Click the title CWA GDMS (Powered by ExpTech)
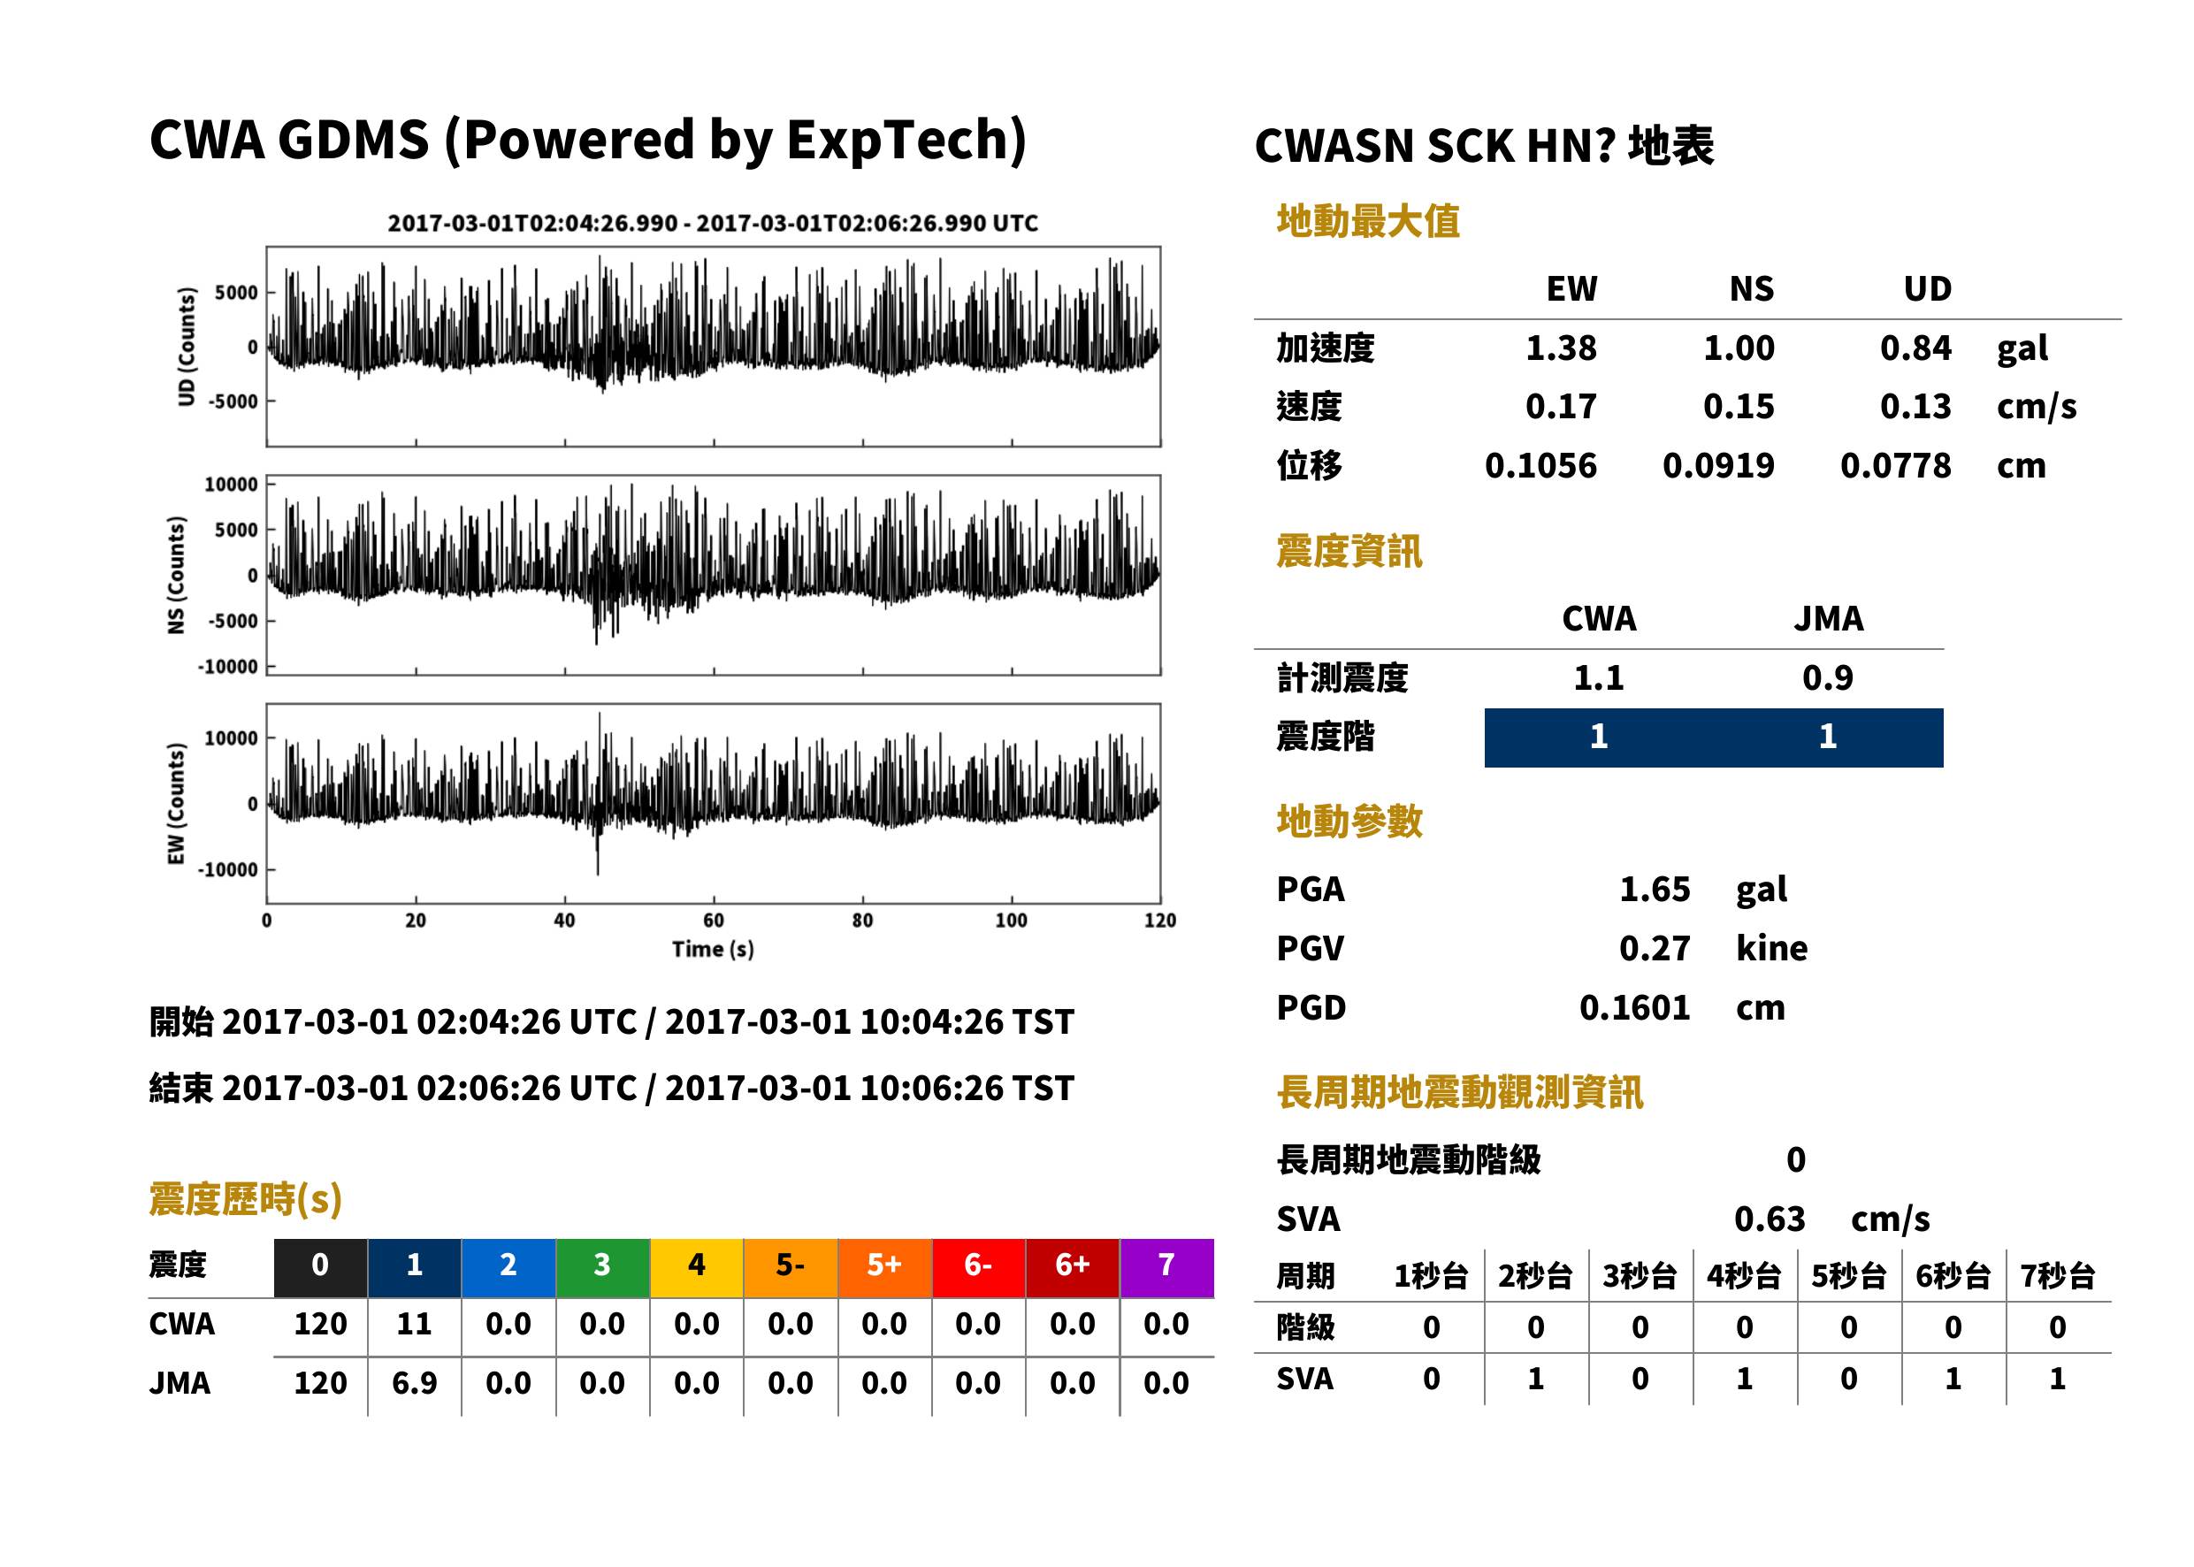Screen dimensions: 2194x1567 (x=587, y=140)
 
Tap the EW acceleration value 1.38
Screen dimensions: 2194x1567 (x=1560, y=348)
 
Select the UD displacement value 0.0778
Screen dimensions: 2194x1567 (x=1895, y=466)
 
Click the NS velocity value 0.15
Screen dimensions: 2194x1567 (x=1738, y=407)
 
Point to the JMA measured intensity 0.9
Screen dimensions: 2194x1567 (x=1827, y=678)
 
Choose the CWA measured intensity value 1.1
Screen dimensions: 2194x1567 (x=1599, y=678)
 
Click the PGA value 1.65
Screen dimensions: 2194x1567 (x=1655, y=890)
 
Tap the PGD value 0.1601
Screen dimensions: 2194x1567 (x=1634, y=1008)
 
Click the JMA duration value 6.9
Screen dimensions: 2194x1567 (x=414, y=1384)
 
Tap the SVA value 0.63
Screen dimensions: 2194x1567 (x=1770, y=1219)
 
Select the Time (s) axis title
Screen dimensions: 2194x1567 (x=713, y=950)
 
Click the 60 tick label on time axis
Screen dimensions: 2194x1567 (x=713, y=921)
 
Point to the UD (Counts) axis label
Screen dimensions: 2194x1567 (x=187, y=347)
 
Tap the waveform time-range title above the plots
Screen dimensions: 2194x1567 (x=713, y=224)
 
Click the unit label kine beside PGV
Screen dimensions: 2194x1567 (x=1771, y=949)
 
